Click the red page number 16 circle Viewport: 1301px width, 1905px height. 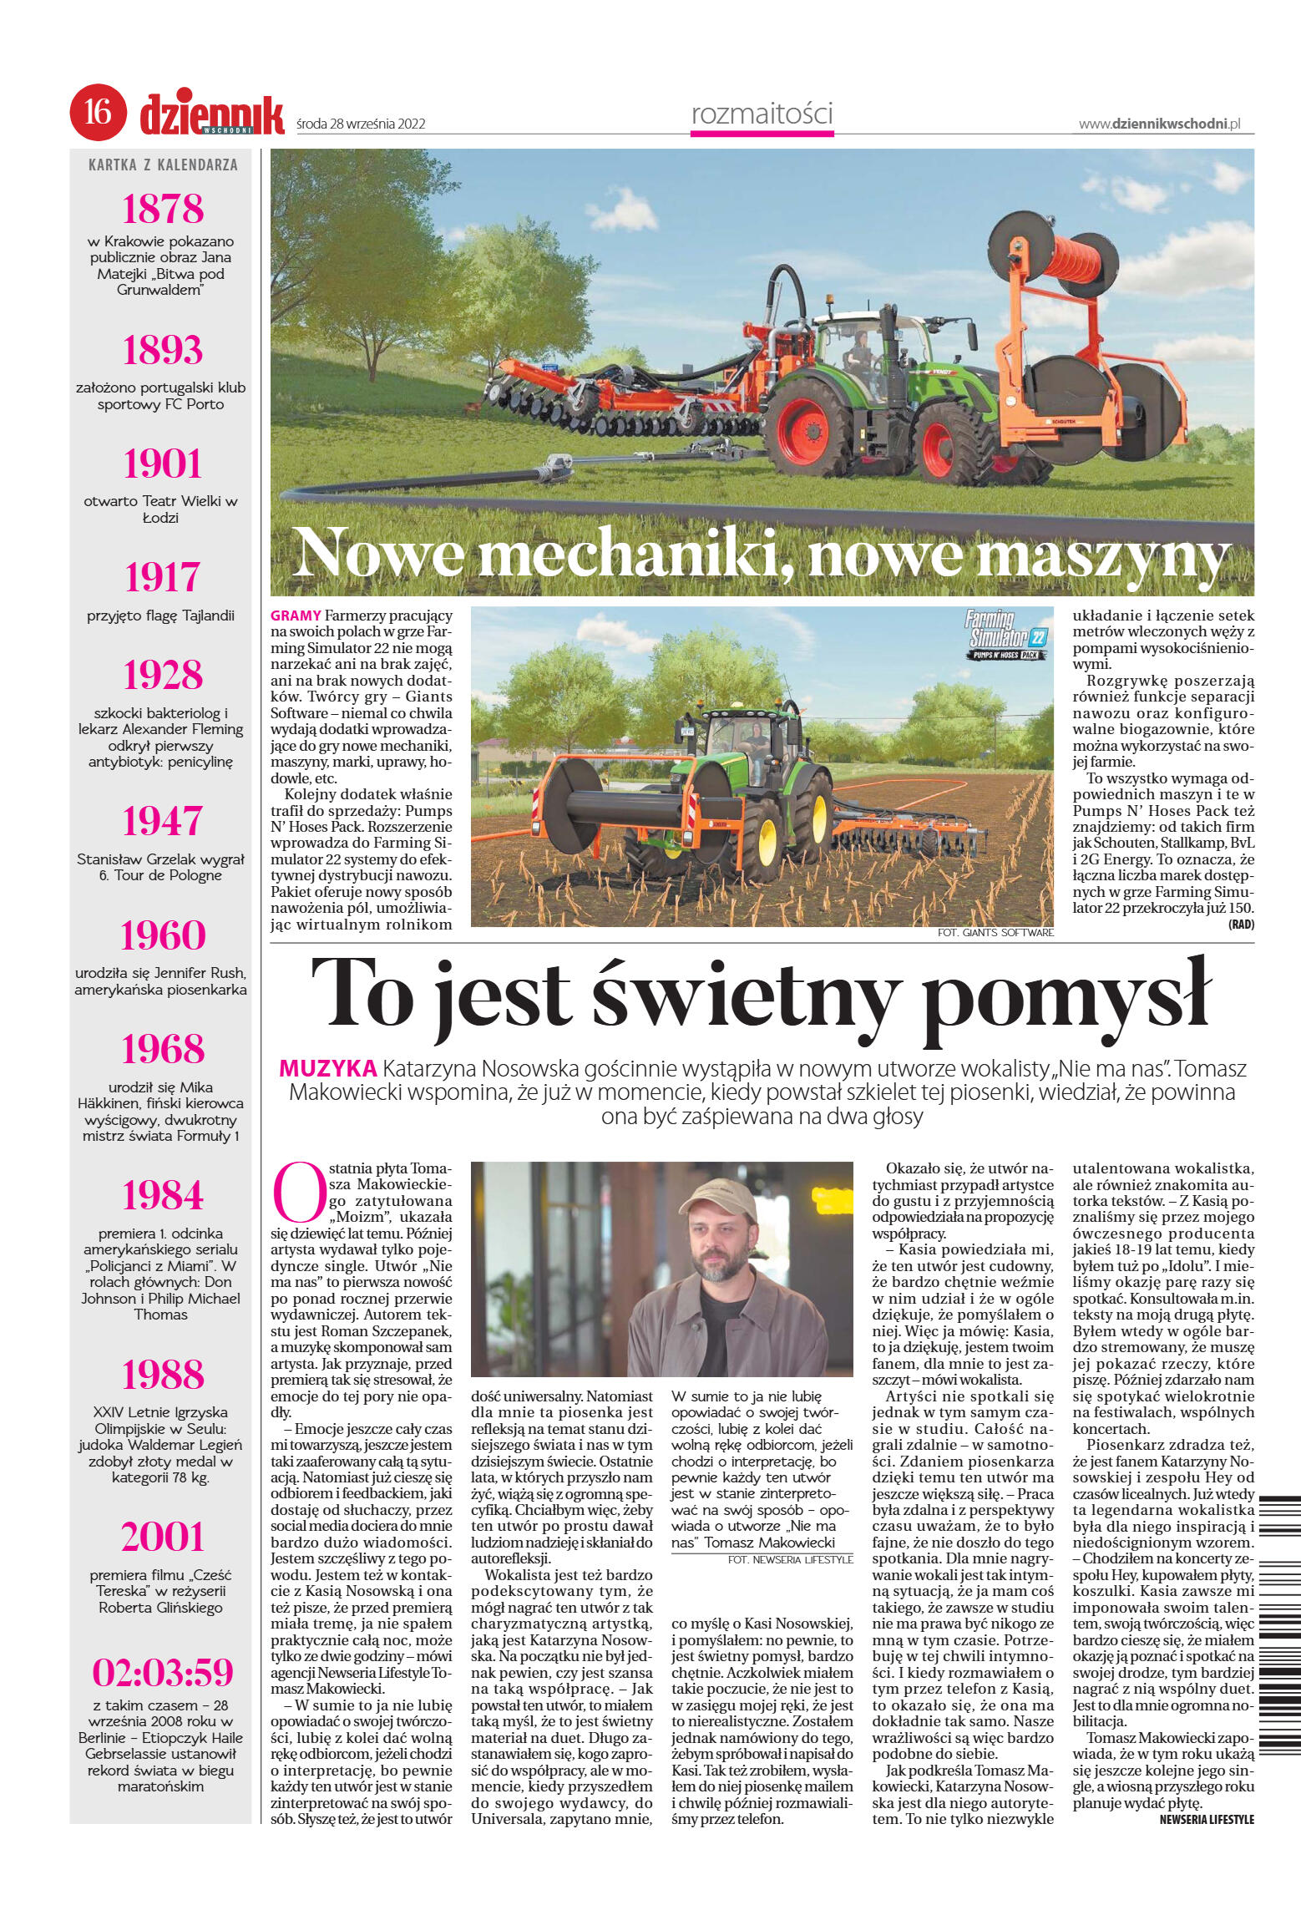(99, 111)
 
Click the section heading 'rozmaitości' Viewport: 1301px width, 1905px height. (762, 113)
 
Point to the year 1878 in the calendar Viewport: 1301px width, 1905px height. (163, 208)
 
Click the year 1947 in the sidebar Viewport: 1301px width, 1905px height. (163, 820)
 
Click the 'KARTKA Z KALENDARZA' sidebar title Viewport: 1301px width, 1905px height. (163, 165)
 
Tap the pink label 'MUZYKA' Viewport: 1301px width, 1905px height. (327, 1068)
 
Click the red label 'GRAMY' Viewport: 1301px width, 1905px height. (295, 616)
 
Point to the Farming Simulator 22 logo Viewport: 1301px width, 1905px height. (1006, 634)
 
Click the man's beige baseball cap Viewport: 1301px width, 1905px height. (712, 1195)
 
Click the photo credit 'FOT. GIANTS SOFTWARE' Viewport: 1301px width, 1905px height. (995, 932)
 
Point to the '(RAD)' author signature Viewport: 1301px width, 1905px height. (1241, 925)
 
